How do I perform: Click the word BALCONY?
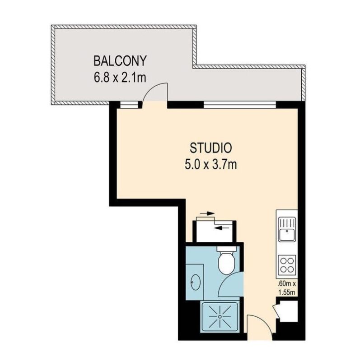120,61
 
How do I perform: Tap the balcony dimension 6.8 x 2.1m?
120,78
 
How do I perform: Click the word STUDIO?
210,148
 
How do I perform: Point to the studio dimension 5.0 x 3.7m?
210,165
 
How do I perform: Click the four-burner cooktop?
287,265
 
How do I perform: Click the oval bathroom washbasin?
196,282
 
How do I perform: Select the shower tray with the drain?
220,317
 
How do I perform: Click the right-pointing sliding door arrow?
207,213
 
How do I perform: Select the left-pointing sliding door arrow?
222,228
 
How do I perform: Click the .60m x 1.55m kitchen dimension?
286,288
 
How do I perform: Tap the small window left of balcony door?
129,105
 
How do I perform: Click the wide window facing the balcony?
240,105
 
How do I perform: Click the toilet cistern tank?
227,249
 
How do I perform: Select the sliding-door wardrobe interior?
212,232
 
